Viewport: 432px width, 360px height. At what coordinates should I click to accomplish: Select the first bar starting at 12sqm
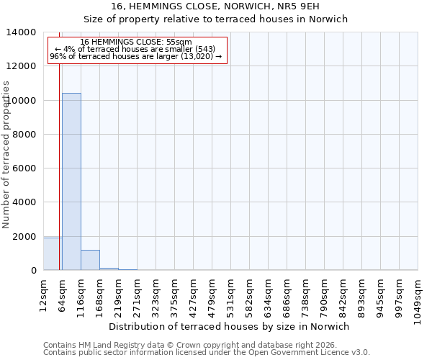(52, 254)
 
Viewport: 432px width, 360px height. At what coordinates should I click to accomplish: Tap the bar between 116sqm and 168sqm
(90, 260)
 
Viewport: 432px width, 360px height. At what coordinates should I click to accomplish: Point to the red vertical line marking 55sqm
(59, 158)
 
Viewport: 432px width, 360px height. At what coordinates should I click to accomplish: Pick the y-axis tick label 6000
(24, 168)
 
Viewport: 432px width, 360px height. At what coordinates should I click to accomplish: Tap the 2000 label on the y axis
(24, 237)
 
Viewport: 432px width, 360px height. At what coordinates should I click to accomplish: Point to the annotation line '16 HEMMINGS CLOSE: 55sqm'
(136, 42)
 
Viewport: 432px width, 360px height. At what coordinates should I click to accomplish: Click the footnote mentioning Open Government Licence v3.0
(206, 353)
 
